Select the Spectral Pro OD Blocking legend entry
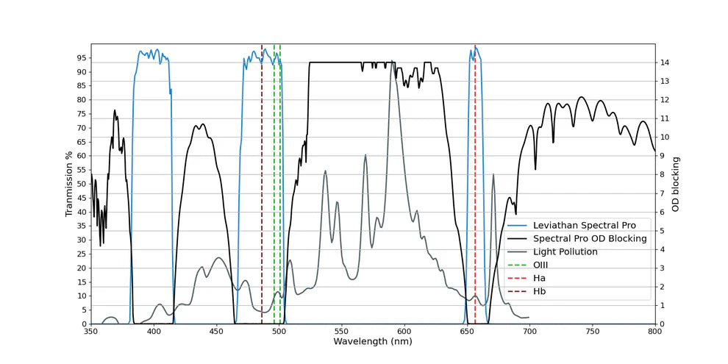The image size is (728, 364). tap(590, 238)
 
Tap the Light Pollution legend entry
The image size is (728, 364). tap(565, 251)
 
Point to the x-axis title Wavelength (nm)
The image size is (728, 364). tap(372, 342)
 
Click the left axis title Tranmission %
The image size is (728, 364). tap(70, 184)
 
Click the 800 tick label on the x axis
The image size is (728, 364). tap(654, 332)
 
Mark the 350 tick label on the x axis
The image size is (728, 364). tap(91, 332)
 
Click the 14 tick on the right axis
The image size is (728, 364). tap(664, 63)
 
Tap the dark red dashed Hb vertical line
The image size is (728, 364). tap(262, 184)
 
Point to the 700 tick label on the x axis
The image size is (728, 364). tap(529, 332)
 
